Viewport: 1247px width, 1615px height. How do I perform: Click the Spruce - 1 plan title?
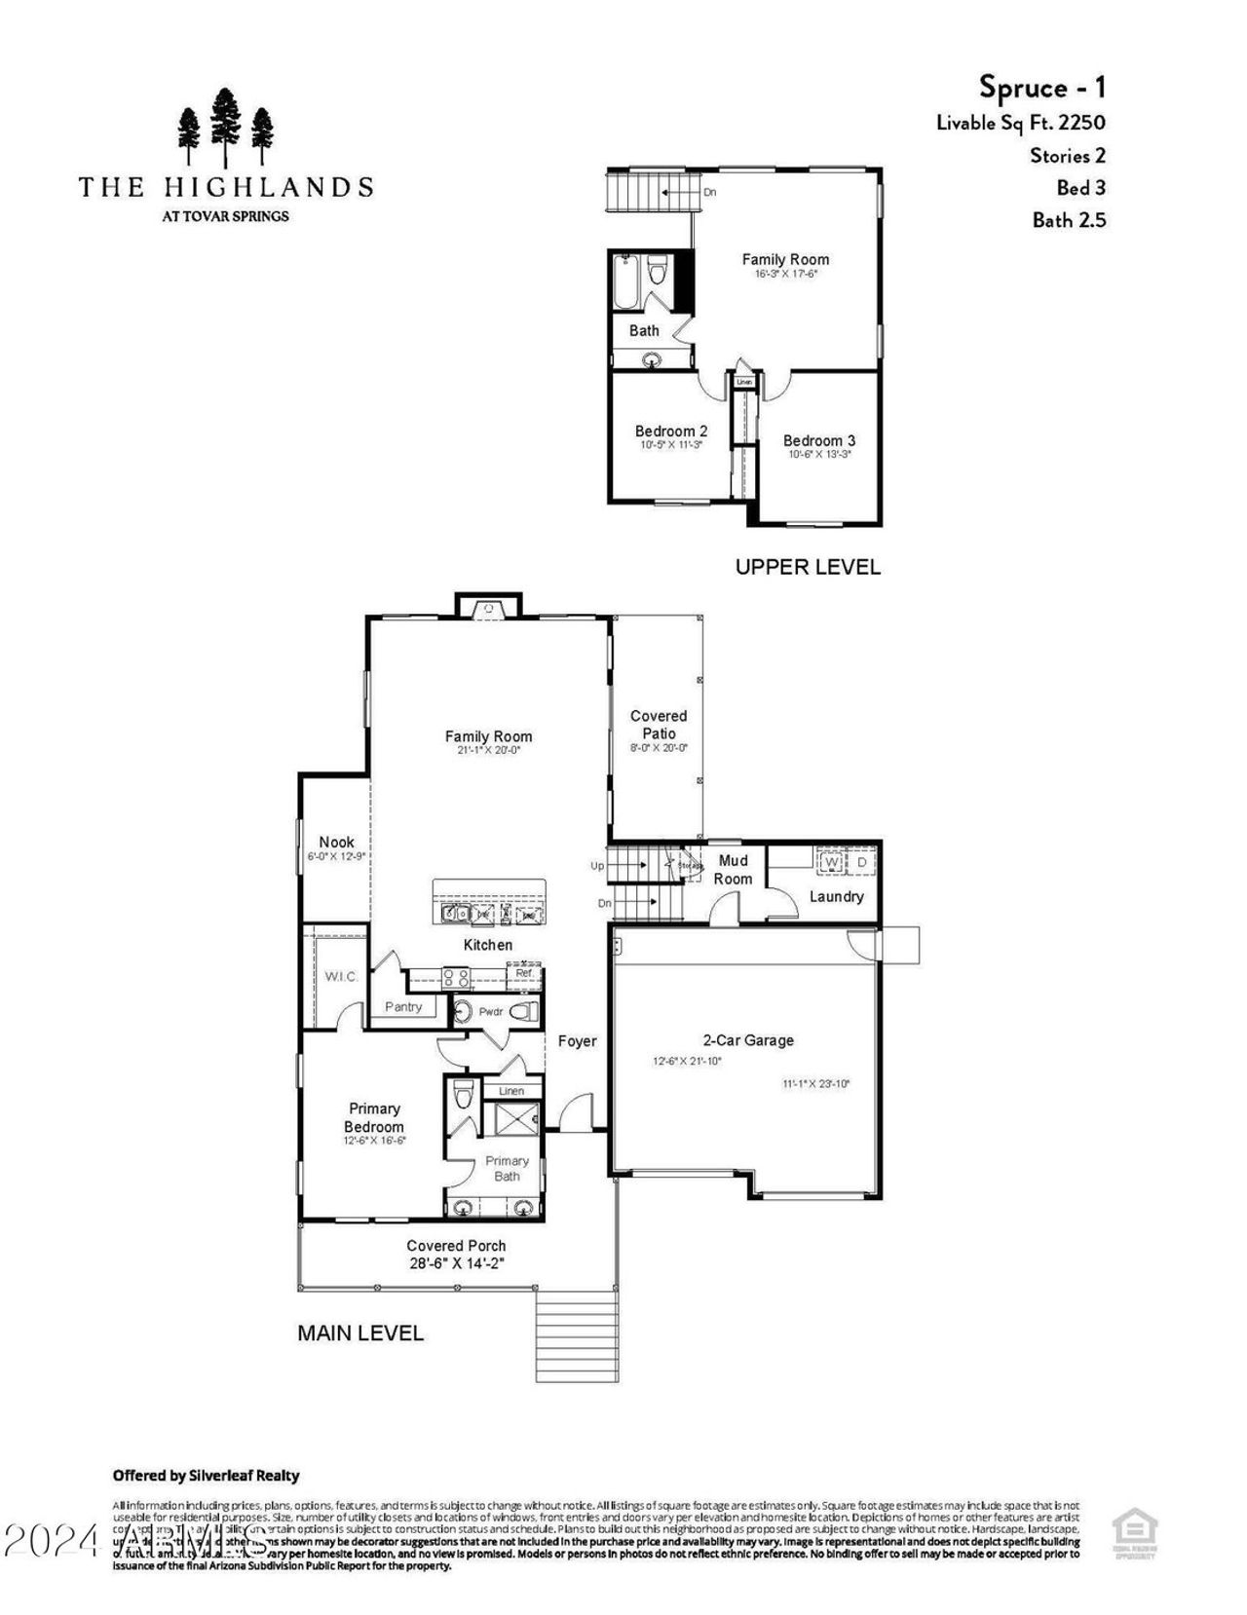[1041, 88]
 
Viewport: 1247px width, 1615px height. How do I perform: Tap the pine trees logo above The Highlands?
[225, 127]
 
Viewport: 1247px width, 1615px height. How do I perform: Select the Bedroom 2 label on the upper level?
[671, 432]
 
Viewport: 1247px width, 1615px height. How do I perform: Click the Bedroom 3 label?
[819, 441]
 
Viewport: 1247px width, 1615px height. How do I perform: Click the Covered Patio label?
[659, 725]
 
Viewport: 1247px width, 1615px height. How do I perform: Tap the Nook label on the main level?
[337, 843]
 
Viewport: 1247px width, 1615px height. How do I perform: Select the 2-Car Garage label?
[748, 1040]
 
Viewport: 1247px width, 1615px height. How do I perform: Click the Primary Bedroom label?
[374, 1117]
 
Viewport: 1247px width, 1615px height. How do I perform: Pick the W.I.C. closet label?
[340, 976]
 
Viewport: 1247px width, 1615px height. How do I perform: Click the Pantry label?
[403, 1007]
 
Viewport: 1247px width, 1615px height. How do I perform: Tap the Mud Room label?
[733, 869]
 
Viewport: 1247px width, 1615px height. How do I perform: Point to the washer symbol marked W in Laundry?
[831, 862]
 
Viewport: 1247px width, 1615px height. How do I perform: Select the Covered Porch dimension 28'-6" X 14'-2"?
[456, 1263]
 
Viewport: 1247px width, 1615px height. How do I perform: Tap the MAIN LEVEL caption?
[360, 1333]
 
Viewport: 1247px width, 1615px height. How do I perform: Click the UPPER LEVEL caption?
[808, 567]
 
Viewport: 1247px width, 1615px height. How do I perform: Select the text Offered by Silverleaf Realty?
[207, 1476]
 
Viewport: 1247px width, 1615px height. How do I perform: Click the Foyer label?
[577, 1041]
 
